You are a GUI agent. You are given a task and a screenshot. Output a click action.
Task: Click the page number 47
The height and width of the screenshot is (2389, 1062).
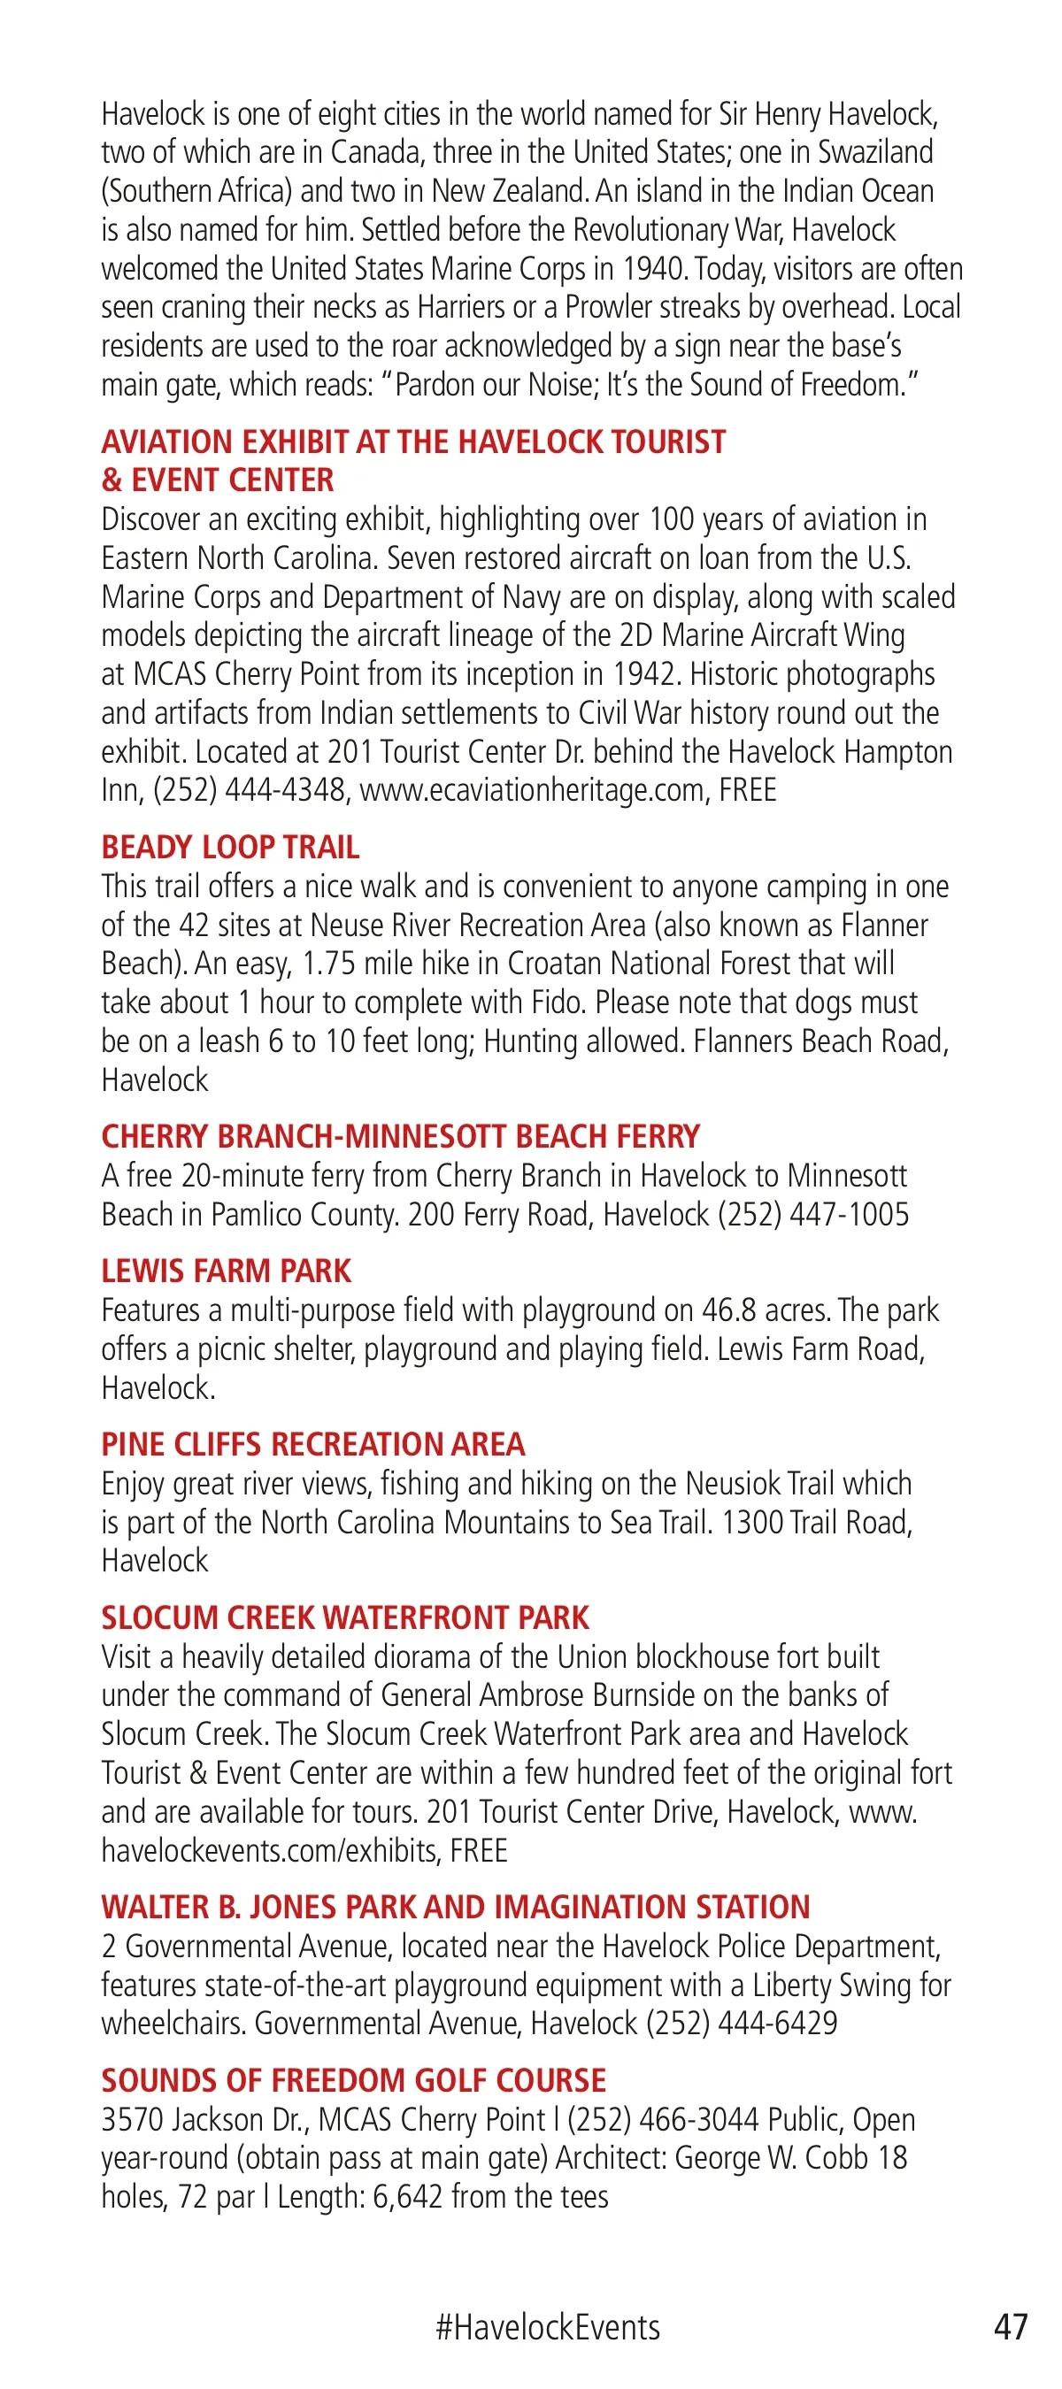[x=1010, y=2326]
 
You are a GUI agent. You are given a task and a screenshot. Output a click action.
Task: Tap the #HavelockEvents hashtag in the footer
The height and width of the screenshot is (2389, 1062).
[x=547, y=2327]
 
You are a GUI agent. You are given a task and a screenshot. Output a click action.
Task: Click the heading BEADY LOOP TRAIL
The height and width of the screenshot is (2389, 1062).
[x=230, y=847]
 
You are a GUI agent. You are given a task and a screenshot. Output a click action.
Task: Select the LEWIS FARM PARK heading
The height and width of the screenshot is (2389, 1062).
[x=227, y=1271]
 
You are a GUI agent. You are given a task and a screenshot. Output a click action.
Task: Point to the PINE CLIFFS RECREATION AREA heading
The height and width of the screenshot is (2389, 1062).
[x=312, y=1444]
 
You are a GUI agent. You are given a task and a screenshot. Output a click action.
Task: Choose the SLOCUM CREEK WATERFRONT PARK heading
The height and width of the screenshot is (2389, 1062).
[x=345, y=1617]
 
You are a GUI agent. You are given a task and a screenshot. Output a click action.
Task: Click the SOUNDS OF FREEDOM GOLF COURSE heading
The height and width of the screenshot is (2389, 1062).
[x=353, y=2080]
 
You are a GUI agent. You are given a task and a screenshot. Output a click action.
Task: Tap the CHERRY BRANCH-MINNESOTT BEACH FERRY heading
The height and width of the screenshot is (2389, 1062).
[x=401, y=1136]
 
